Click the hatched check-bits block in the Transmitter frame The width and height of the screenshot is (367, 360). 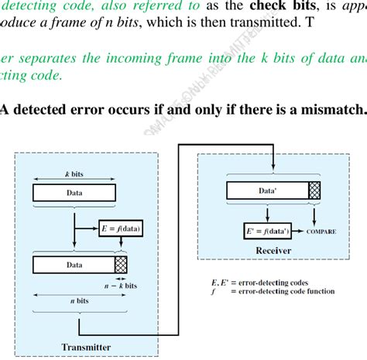(121, 264)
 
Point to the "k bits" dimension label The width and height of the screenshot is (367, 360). (74, 176)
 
